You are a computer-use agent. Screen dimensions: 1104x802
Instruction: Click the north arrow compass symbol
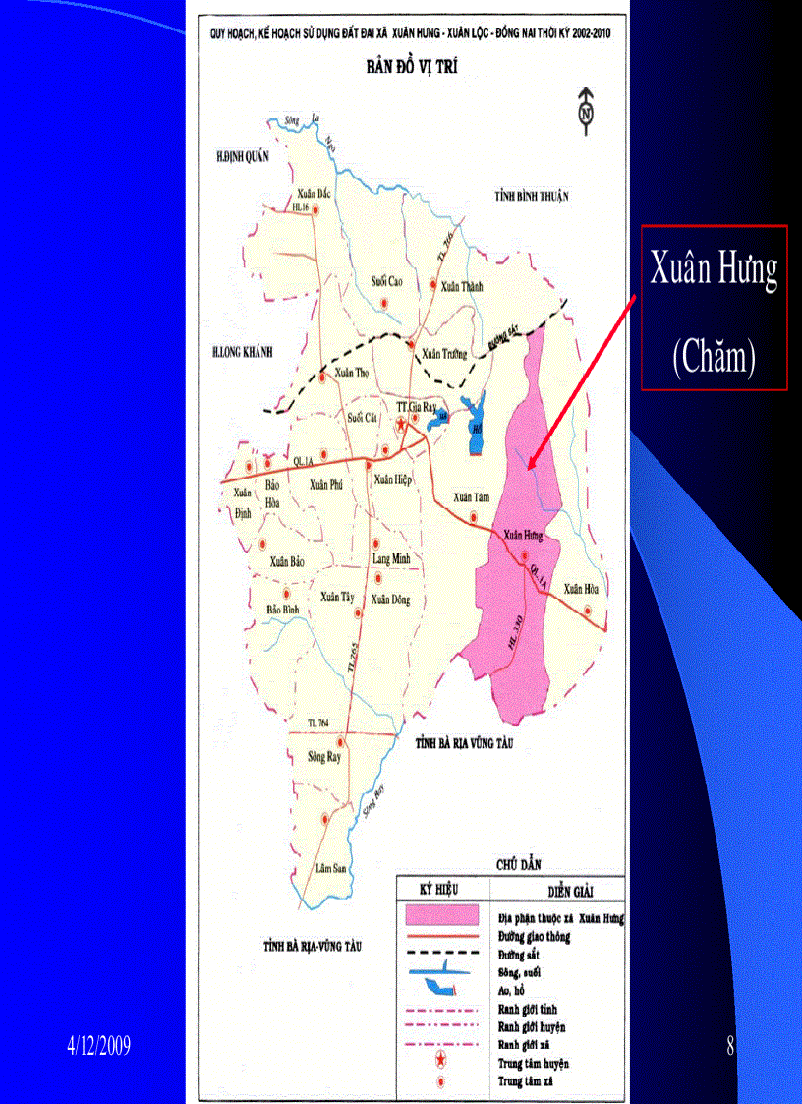(x=587, y=107)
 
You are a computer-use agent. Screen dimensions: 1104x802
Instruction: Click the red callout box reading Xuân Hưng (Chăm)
(x=715, y=308)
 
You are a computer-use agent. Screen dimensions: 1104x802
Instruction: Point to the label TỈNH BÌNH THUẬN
(x=532, y=198)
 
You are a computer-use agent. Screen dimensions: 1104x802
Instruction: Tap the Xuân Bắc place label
(x=313, y=194)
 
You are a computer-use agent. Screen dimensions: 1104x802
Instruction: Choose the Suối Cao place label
(x=387, y=281)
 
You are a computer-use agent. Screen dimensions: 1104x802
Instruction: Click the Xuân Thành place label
(x=463, y=286)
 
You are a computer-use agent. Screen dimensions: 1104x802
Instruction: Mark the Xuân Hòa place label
(x=581, y=590)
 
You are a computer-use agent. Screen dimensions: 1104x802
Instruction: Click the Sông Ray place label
(x=323, y=757)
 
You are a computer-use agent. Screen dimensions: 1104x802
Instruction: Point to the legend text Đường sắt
(x=518, y=955)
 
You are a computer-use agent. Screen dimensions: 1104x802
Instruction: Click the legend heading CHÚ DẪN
(x=519, y=863)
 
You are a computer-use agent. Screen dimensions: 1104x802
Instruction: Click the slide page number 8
(x=730, y=1045)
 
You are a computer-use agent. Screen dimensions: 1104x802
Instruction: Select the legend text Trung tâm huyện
(x=533, y=1063)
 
